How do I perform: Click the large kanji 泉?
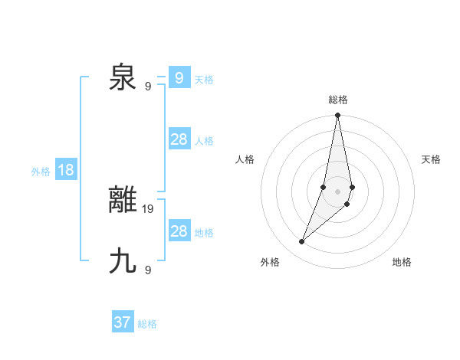coord(123,77)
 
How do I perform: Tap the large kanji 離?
coord(123,200)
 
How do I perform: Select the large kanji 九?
coord(123,260)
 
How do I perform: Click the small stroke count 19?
coord(148,208)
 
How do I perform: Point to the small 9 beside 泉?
coord(148,86)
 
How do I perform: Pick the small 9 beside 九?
coord(148,269)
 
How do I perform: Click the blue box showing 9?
coord(179,78)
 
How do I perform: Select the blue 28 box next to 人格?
coord(179,139)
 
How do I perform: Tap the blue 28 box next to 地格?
coord(179,231)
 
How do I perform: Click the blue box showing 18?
coord(66,170)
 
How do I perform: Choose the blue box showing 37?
coord(123,322)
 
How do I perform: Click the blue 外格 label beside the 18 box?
coord(41,172)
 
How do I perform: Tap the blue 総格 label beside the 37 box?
coord(147,324)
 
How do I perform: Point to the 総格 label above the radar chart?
coord(338,100)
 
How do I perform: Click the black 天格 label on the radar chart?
coord(432,159)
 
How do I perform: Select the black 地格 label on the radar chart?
coord(402,262)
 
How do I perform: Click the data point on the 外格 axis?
coord(302,242)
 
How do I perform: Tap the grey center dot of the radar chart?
coord(338,191)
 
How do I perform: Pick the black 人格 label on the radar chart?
coord(245,159)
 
